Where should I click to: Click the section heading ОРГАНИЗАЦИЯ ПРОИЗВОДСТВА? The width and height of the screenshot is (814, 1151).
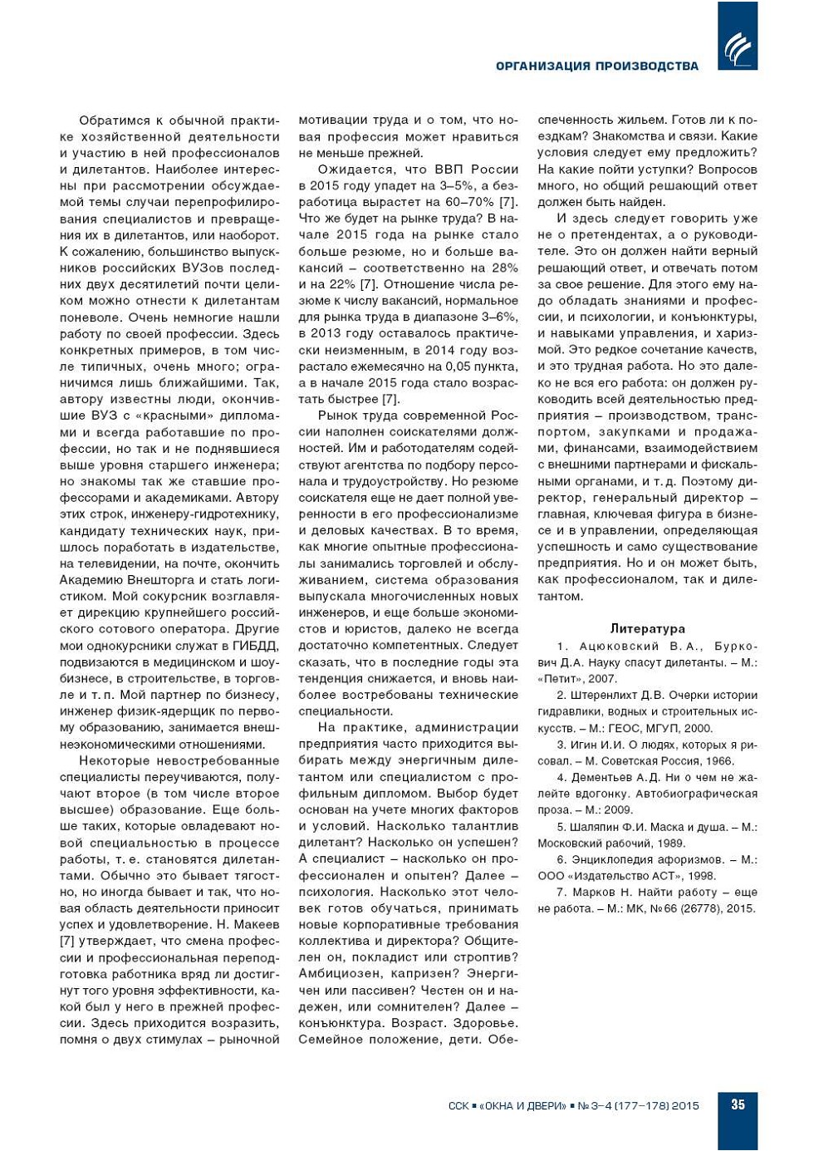[x=596, y=66]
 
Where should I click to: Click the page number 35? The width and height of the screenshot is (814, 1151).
[x=738, y=1104]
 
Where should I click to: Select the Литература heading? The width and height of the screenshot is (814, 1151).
[x=647, y=629]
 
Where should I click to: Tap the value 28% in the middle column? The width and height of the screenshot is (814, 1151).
[x=504, y=268]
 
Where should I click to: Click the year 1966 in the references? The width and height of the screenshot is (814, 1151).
[x=718, y=761]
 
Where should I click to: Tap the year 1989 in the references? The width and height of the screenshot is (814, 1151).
[x=669, y=844]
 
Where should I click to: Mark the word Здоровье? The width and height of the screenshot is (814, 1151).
[x=486, y=1023]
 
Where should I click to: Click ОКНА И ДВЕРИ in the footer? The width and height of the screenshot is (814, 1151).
[x=526, y=1106]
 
